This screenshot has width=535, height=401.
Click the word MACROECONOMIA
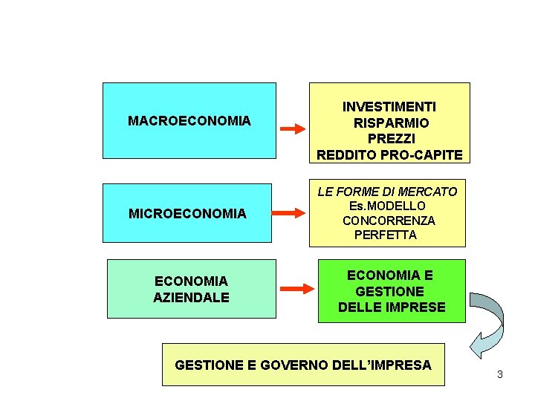189,120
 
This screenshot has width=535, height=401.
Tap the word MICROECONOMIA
187,214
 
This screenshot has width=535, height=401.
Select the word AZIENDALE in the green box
191,298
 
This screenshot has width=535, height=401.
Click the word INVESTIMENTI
389,107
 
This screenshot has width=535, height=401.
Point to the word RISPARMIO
389,123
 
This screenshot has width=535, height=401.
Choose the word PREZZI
389,139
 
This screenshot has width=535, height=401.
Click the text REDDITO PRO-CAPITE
389,155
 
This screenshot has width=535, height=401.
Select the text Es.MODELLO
387,206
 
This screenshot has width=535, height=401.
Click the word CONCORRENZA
389,221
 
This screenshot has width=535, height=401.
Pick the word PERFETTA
386,235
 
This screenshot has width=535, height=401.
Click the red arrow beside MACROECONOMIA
292,128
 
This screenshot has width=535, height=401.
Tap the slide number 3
500,374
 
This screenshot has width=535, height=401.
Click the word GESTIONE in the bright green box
390,291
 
